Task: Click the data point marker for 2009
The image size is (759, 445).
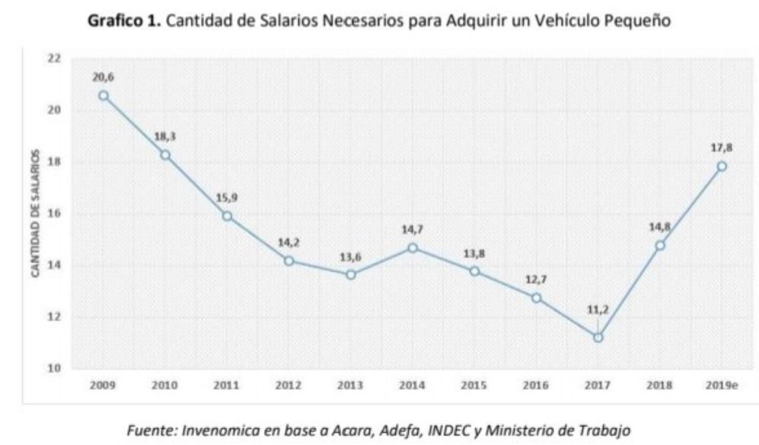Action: tap(103, 95)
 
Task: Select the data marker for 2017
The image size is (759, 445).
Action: tap(598, 337)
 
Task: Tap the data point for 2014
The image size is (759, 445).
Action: tap(412, 248)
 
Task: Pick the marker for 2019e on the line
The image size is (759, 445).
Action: tap(722, 167)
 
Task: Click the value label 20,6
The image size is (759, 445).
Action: tap(103, 77)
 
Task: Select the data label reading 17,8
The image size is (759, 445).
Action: tap(722, 148)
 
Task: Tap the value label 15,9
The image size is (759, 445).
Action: tap(227, 198)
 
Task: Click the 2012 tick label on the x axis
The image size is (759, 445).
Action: tap(289, 386)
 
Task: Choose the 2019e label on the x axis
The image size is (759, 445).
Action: tap(722, 386)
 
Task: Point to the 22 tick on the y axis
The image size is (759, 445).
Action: tap(54, 58)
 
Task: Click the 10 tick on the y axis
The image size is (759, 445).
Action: tap(54, 369)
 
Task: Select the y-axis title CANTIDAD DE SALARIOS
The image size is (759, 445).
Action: tap(35, 214)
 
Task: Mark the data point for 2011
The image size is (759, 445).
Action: tap(227, 216)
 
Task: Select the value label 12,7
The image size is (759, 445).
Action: tap(536, 280)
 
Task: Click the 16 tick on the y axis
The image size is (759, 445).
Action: tap(54, 214)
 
